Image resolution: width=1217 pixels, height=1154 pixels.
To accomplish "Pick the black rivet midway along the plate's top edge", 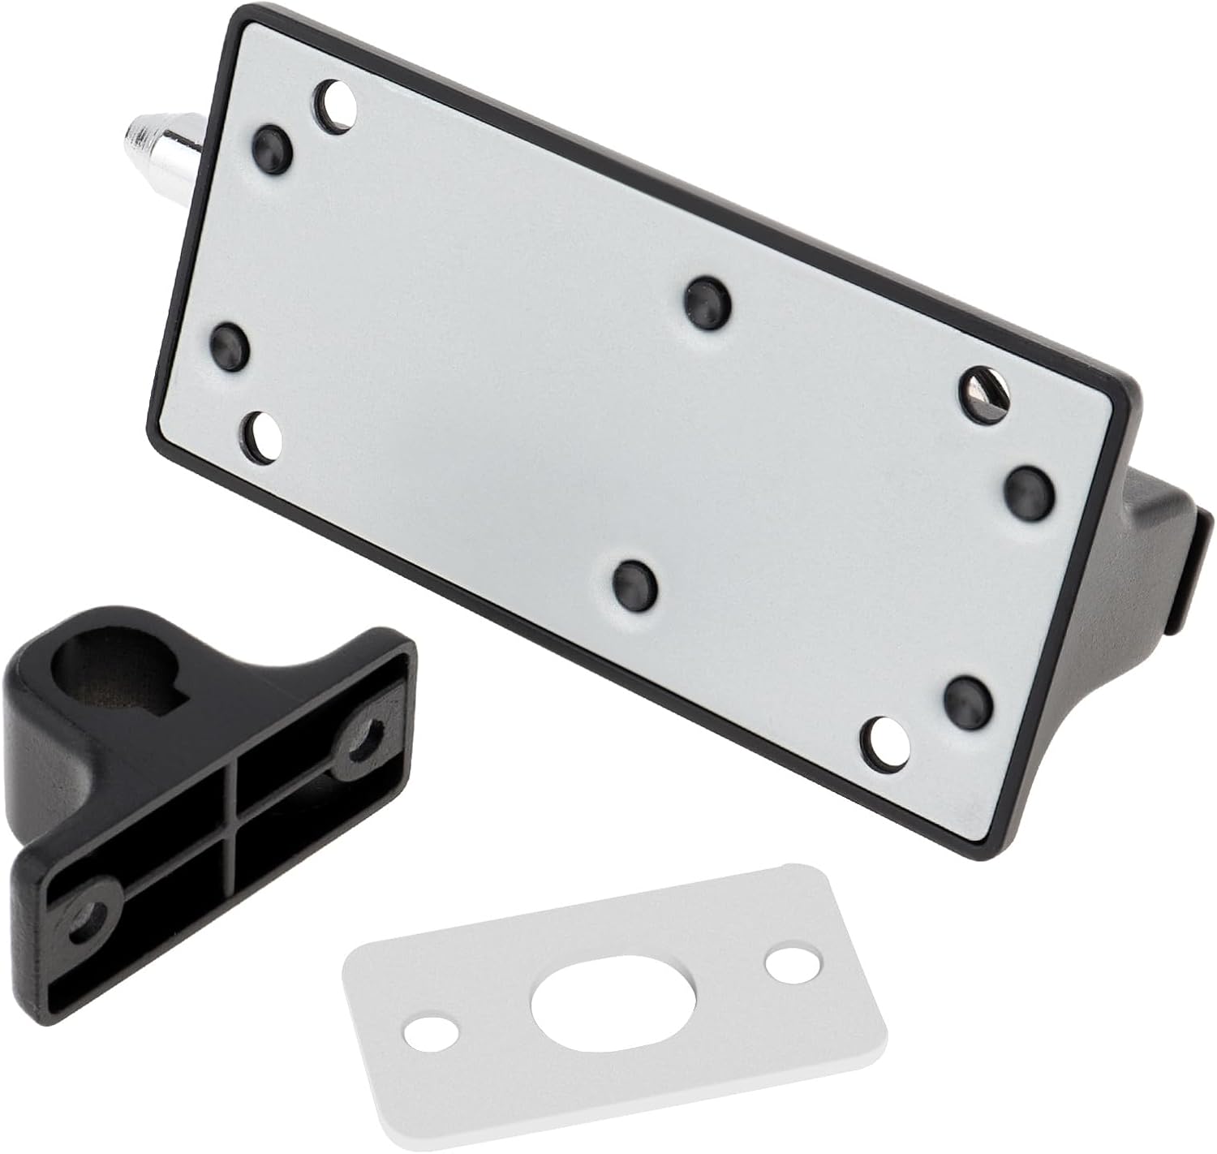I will click(x=707, y=301).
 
